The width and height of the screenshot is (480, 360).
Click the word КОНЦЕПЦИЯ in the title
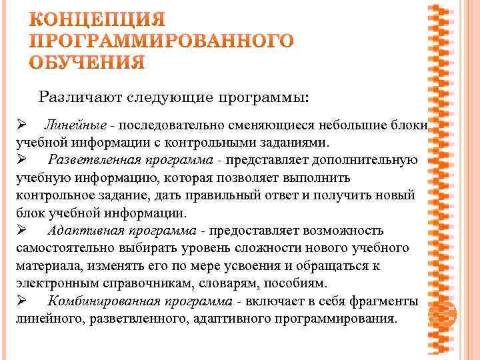98,18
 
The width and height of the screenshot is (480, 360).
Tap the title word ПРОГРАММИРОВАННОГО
163,40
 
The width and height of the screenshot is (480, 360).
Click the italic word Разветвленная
93,160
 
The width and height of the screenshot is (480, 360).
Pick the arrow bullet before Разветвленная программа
21,160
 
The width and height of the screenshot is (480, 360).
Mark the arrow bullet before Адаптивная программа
21,231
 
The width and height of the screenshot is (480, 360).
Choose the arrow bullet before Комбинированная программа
21,301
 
